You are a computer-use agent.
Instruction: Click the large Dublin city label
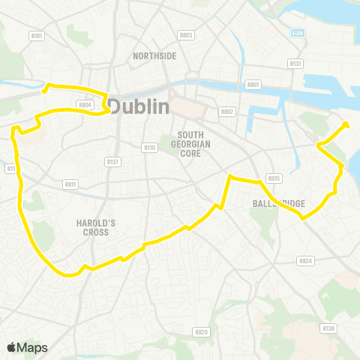[139, 106]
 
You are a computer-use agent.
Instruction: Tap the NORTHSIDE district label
[154, 56]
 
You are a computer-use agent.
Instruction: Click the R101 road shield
[37, 35]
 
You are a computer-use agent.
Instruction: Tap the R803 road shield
[186, 35]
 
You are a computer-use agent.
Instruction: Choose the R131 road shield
[295, 64]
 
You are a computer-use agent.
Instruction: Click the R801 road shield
[253, 85]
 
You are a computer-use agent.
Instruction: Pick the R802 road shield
[227, 111]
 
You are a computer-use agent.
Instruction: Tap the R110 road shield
[149, 147]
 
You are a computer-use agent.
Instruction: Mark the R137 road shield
[112, 161]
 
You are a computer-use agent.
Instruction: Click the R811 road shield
[71, 183]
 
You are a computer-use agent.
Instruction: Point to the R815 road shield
[273, 178]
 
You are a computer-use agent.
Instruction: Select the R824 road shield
[304, 261]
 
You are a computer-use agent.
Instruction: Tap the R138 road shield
[328, 328]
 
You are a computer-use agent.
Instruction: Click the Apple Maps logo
[27, 347]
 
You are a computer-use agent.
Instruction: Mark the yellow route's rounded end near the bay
[346, 124]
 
